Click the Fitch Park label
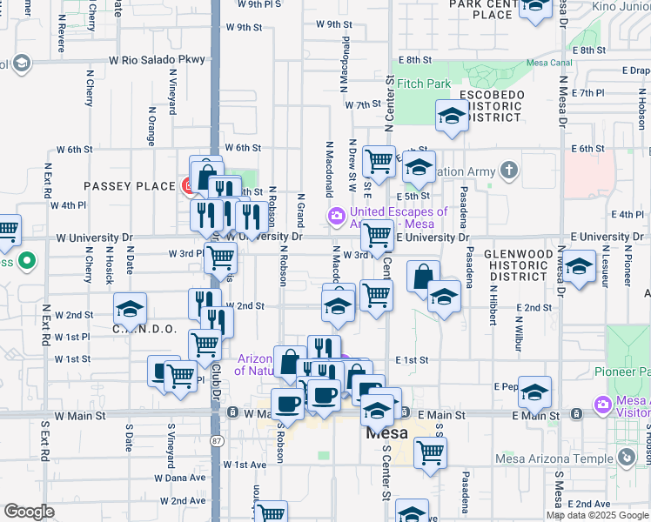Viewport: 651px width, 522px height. [426, 84]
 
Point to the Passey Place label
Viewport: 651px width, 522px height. [117, 186]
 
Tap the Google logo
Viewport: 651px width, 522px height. [29, 512]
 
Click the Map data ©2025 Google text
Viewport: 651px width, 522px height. [596, 515]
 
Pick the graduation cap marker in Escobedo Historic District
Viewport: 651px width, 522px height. [453, 117]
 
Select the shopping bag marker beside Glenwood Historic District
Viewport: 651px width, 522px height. [423, 278]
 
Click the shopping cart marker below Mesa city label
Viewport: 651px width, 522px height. [430, 452]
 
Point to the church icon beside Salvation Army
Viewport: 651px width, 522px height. [509, 171]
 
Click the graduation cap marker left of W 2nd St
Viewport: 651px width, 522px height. [131, 309]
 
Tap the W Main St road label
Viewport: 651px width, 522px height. [80, 416]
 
